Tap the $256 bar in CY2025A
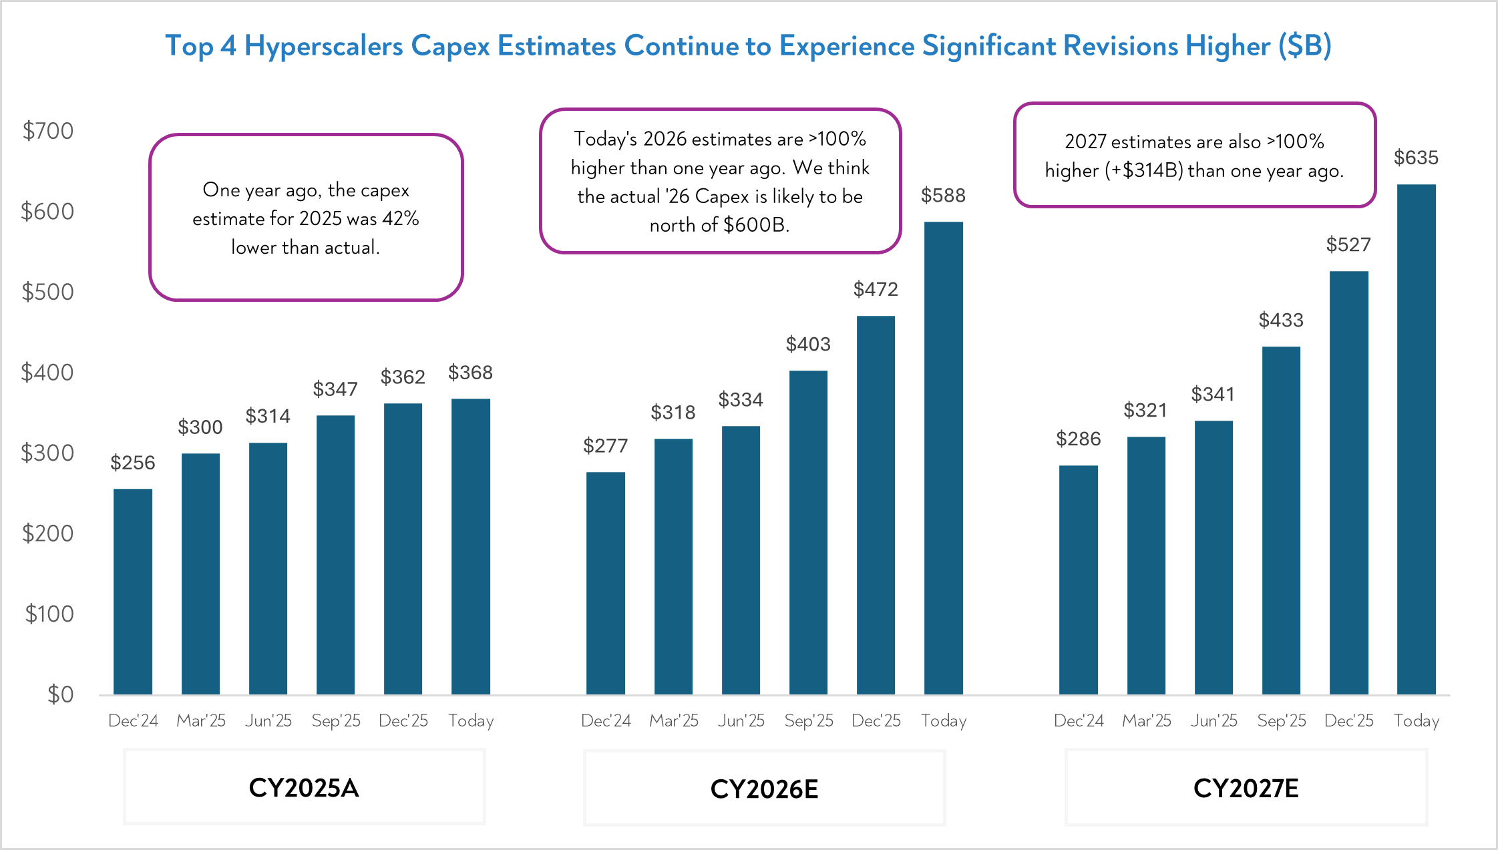[x=133, y=592]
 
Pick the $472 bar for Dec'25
[x=876, y=505]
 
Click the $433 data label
[x=1280, y=321]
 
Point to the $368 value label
[x=470, y=373]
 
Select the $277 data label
[x=605, y=446]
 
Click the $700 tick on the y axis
[x=47, y=131]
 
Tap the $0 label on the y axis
[x=60, y=694]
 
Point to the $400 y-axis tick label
[x=47, y=373]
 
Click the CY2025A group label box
[x=304, y=788]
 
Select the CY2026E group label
[x=764, y=789]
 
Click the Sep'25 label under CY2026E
[x=808, y=721]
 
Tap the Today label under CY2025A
[x=471, y=721]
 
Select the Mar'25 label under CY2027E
[x=1146, y=721]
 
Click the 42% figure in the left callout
[x=400, y=219]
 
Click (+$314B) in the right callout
[x=1143, y=171]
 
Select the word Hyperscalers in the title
[x=324, y=45]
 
